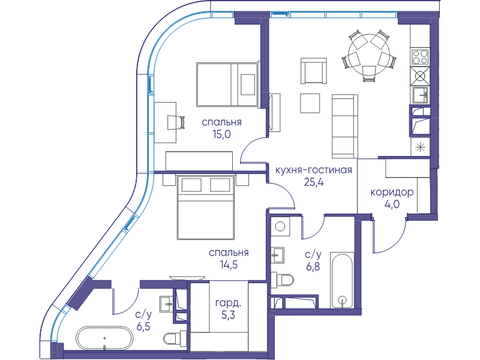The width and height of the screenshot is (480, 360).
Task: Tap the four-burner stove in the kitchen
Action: [x=419, y=56]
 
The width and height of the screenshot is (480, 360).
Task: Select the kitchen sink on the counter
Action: [x=421, y=95]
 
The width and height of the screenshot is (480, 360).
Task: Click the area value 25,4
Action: [x=314, y=182]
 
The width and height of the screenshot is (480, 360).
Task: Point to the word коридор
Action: [x=392, y=192]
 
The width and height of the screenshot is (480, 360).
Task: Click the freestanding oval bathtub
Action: [x=104, y=338]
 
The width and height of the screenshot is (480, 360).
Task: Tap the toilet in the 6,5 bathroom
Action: [x=175, y=338]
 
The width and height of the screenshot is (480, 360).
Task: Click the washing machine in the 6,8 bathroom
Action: [x=280, y=227]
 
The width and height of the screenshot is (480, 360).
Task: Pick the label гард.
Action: [x=228, y=303]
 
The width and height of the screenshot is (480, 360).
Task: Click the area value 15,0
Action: [x=221, y=134]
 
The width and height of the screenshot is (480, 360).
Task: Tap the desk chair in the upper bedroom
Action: [x=176, y=122]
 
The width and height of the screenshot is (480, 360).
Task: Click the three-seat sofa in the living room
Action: [x=344, y=126]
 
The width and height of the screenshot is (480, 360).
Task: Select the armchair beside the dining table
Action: [x=313, y=71]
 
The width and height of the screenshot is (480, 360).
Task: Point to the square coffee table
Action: [x=310, y=103]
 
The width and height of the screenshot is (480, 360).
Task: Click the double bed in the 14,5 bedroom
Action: [x=206, y=207]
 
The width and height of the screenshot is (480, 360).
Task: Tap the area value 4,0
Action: [x=392, y=204]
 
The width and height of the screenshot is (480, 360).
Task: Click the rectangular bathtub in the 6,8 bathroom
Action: [x=342, y=280]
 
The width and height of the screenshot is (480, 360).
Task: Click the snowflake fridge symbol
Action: [x=421, y=148]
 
